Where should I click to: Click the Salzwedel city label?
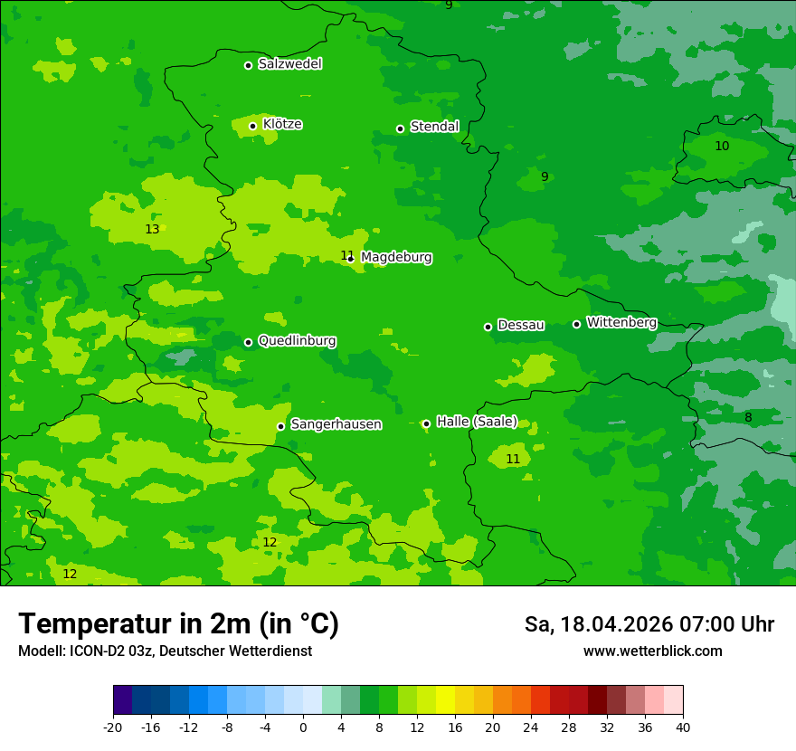pyautogui.click(x=289, y=64)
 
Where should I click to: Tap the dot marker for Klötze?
pyautogui.click(x=253, y=126)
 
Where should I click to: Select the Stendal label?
pyautogui.click(x=434, y=127)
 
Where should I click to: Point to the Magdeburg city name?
pyautogui.click(x=396, y=258)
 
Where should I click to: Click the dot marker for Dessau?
pyautogui.click(x=488, y=327)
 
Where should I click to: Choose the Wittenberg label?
pyautogui.click(x=621, y=323)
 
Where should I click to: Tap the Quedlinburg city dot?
pyautogui.click(x=248, y=342)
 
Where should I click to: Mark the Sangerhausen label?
pyautogui.click(x=336, y=424)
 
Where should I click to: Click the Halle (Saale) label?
pyautogui.click(x=477, y=422)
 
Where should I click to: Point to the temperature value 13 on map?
pyautogui.click(x=152, y=230)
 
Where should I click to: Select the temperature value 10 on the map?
pyautogui.click(x=722, y=147)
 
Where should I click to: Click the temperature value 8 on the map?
pyautogui.click(x=748, y=418)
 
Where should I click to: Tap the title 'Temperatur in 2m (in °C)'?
pyautogui.click(x=178, y=624)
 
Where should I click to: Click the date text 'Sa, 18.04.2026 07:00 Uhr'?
pyautogui.click(x=649, y=625)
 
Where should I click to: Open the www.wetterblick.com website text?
pyautogui.click(x=652, y=651)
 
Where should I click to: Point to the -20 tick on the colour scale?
pyautogui.click(x=113, y=727)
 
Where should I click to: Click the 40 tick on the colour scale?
pyautogui.click(x=683, y=727)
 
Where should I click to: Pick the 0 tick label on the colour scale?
pyautogui.click(x=303, y=727)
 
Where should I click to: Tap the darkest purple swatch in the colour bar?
pyautogui.click(x=122, y=700)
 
